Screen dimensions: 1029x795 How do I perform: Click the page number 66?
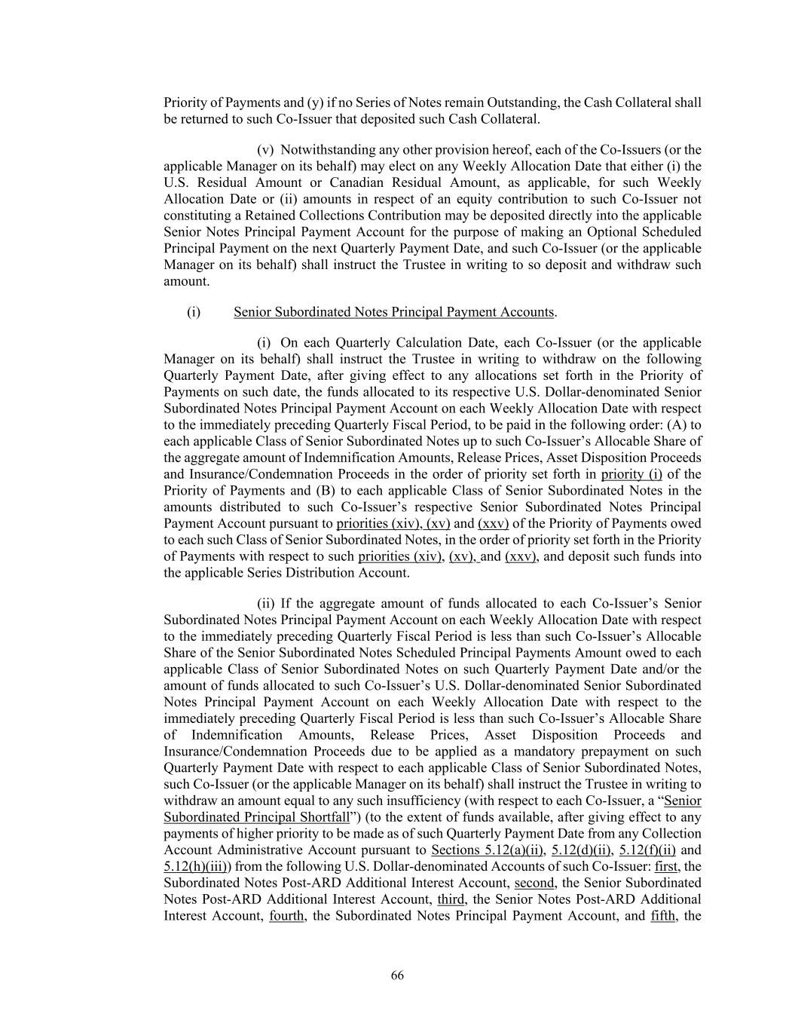pyautogui.click(x=397, y=975)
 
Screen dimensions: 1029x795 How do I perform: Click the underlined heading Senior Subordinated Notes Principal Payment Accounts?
pyautogui.click(x=394, y=312)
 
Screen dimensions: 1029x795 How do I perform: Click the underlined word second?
pyautogui.click(x=534, y=883)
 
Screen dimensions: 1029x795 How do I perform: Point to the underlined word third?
pyautogui.click(x=451, y=899)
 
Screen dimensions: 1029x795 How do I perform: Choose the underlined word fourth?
pyautogui.click(x=286, y=916)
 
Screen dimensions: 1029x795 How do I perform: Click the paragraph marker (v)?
pyautogui.click(x=265, y=149)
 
